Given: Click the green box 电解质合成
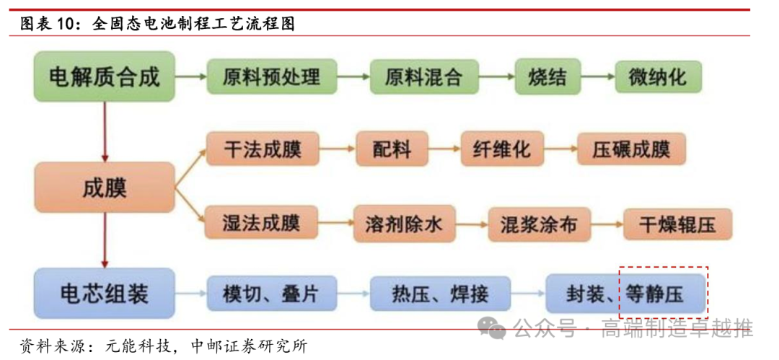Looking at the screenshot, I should pos(104,76).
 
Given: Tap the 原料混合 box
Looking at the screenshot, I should pos(423,76).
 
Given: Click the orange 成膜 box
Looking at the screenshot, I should pos(104,187).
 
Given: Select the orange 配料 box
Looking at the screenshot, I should pos(392,149).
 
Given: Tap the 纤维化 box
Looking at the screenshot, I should pos(502,149).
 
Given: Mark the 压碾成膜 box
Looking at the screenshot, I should pos(631,149).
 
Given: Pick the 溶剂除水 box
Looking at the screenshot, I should pos(399,224).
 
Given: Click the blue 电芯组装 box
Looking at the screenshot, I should pos(104,294).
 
